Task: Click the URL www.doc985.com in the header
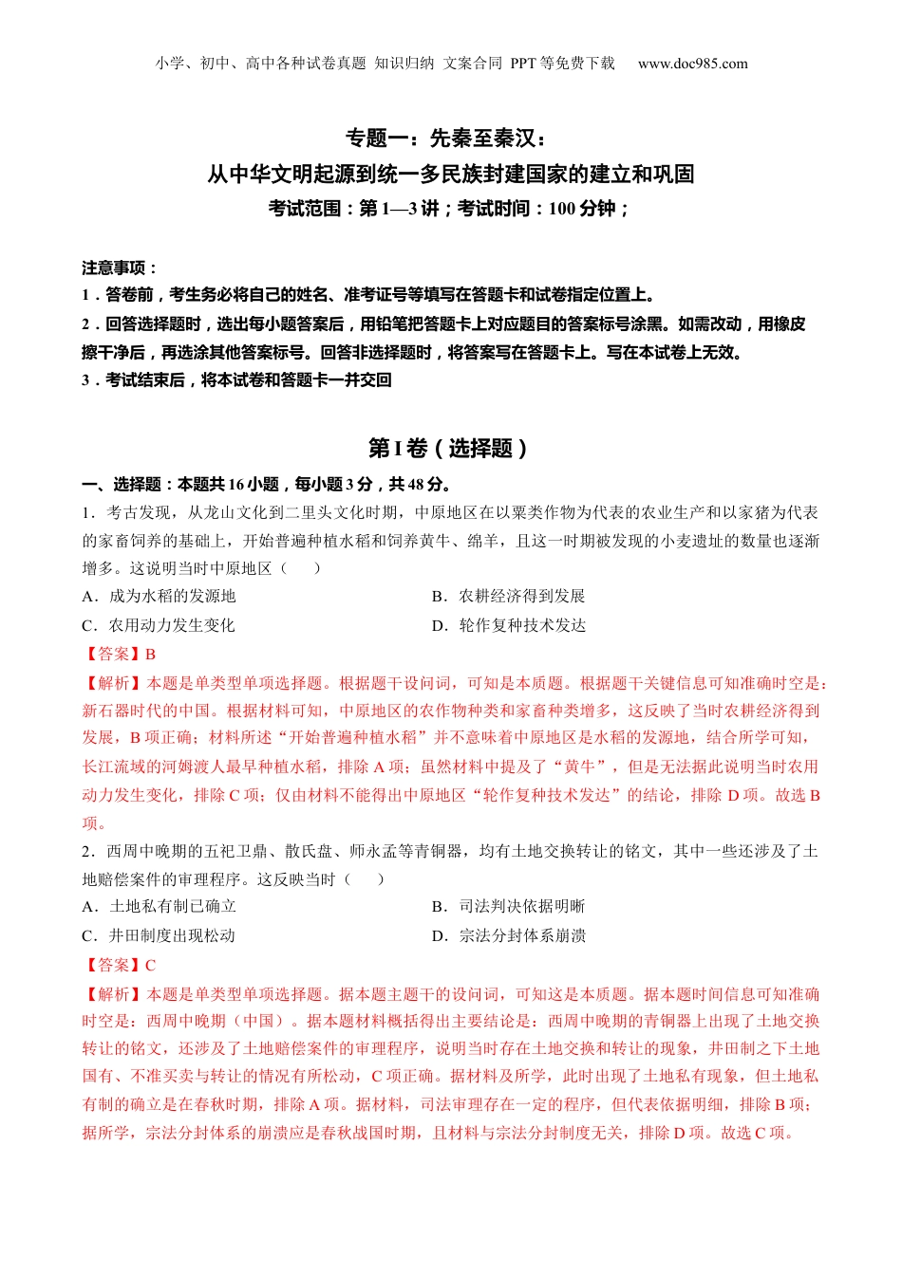692,64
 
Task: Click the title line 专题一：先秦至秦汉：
445,139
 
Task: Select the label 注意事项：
120,268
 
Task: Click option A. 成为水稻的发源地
159,596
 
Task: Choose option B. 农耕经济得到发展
508,596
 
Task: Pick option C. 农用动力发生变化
159,625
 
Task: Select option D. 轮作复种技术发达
508,625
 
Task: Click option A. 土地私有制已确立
159,906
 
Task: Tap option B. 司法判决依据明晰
508,906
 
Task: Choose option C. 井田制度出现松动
159,935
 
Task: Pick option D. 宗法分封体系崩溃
508,935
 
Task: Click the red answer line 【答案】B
119,654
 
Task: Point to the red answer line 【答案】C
119,965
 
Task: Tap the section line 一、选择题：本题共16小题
266,484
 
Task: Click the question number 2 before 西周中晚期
86,851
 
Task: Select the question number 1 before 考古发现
86,512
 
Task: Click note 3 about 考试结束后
236,379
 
